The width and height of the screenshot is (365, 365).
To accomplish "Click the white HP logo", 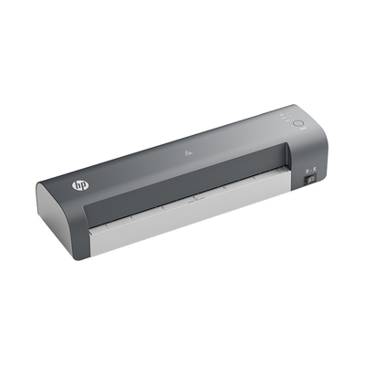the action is point(80,185).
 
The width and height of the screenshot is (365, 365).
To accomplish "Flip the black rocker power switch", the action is point(311,181).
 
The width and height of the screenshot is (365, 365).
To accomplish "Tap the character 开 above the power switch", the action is point(307,172).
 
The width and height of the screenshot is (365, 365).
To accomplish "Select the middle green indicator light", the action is point(290,117).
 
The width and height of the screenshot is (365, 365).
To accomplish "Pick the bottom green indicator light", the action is point(293,120).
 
